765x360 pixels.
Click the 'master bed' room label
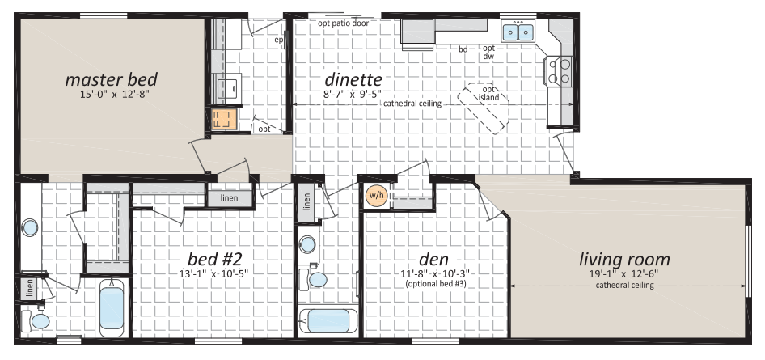[x=112, y=79]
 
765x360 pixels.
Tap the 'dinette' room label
[x=353, y=78]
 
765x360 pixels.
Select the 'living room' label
[x=624, y=260]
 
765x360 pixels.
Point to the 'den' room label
[x=433, y=259]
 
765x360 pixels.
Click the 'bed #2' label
[x=214, y=258]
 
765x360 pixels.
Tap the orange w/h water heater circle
[x=375, y=196]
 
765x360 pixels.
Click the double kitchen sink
[x=518, y=32]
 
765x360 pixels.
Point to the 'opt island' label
[x=489, y=94]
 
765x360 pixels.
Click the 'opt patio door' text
[x=343, y=23]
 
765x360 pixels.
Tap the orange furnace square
[x=224, y=119]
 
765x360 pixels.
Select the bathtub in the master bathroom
[x=112, y=307]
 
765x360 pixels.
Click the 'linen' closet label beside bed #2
[x=229, y=197]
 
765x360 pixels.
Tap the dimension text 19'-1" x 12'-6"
[x=624, y=274]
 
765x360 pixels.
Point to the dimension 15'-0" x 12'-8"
[x=112, y=94]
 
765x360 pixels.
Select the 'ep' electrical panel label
[x=279, y=40]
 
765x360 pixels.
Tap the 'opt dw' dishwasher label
[x=489, y=53]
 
